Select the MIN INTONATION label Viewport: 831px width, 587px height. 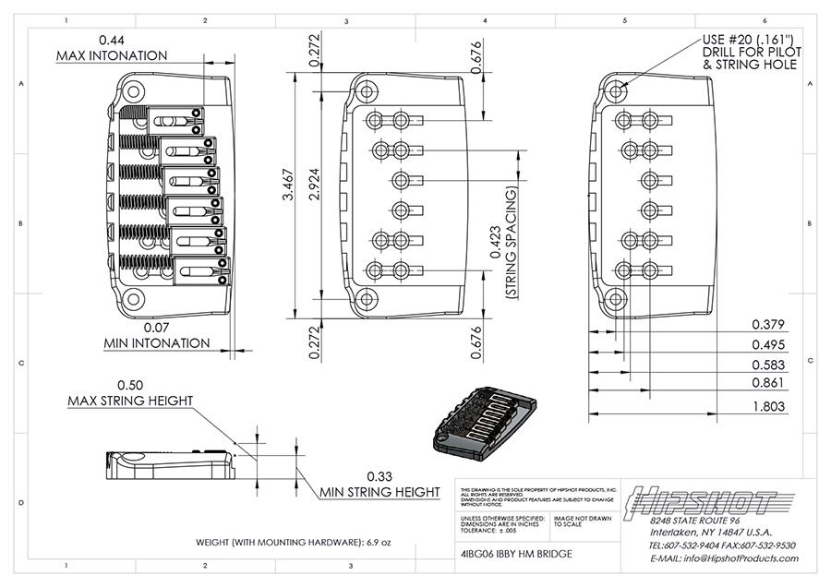157,343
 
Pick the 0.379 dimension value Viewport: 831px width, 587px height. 767,324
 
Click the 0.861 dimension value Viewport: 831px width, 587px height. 767,382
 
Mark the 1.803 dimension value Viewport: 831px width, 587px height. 767,405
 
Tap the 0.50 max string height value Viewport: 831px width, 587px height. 130,384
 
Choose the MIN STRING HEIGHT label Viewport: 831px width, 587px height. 379,492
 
